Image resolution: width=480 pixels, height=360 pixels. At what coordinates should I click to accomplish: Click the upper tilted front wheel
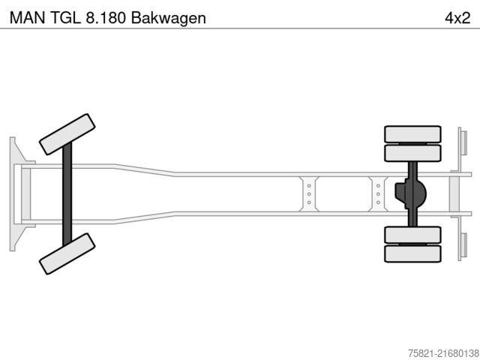67,134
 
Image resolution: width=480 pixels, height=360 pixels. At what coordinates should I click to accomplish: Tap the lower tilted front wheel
67,253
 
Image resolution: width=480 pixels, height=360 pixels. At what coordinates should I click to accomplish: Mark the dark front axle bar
67,193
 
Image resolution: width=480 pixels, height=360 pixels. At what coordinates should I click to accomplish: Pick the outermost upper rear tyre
412,134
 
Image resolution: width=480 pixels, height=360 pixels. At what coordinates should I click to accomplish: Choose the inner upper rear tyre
412,153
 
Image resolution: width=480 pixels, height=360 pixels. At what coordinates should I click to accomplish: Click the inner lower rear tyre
412,235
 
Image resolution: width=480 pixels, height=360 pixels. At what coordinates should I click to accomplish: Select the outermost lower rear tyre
412,253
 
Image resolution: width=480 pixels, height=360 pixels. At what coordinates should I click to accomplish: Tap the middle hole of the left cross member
308,194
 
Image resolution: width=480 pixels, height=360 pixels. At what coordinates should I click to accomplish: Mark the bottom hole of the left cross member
308,203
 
